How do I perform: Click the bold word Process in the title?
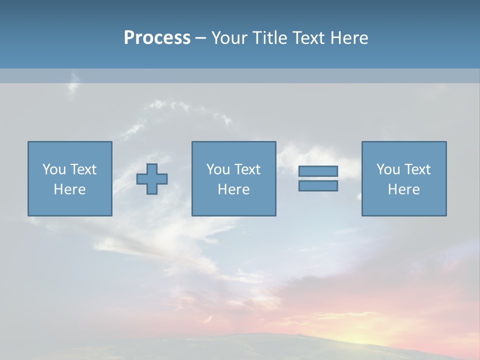157,38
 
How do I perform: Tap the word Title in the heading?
270,38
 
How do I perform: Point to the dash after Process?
200,38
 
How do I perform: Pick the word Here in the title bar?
349,38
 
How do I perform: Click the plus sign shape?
152,179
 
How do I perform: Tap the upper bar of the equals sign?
318,171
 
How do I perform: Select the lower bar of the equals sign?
318,185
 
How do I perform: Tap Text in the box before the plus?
83,169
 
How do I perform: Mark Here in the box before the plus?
70,189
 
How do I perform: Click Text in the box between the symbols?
247,169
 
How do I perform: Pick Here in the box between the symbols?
234,189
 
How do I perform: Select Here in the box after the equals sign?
404,189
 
